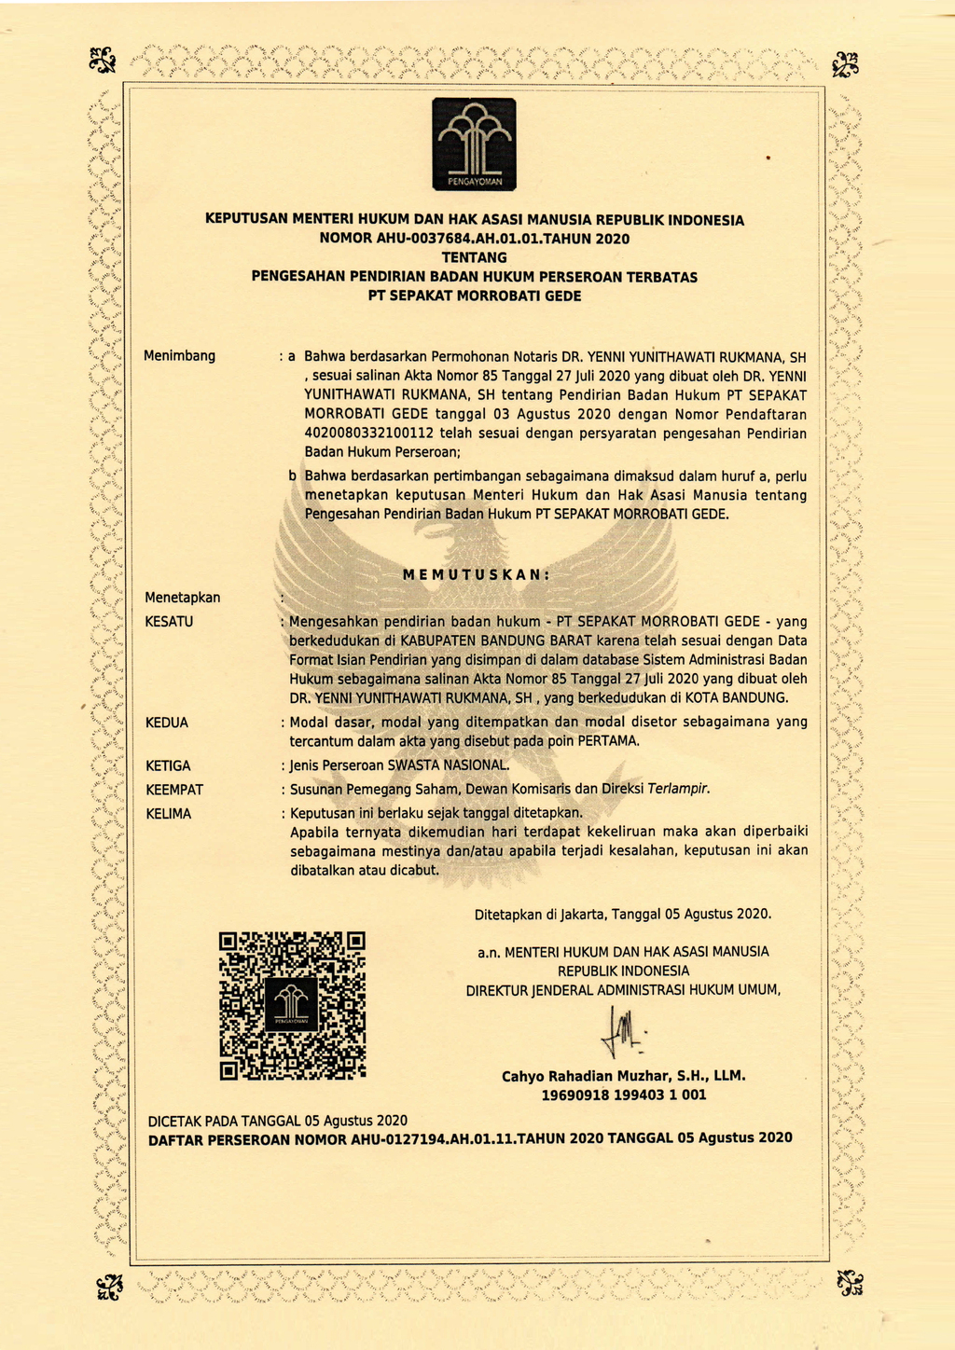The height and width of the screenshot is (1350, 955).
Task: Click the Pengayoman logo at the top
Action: [474, 144]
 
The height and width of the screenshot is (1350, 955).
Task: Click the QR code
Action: [292, 1005]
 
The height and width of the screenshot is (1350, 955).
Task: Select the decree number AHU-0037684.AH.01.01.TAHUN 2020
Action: [475, 239]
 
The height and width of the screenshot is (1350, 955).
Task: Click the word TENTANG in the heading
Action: [474, 257]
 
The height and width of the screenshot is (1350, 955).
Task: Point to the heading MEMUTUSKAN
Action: [476, 574]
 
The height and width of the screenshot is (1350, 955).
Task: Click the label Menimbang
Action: [179, 355]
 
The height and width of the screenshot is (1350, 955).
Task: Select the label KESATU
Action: [169, 621]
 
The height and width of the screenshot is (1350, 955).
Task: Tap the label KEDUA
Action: [167, 723]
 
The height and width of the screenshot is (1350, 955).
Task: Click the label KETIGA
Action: [168, 765]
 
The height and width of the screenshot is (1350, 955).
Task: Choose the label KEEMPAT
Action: [174, 790]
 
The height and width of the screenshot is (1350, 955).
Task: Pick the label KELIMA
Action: [168, 814]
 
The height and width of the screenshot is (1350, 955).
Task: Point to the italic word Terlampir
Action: [679, 789]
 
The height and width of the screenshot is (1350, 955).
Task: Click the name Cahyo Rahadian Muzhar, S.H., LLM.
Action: [623, 1076]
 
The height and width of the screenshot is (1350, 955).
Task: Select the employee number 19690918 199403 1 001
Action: [623, 1095]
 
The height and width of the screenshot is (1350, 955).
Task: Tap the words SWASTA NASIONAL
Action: [448, 765]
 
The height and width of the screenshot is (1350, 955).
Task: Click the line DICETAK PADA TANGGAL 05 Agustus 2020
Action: [278, 1120]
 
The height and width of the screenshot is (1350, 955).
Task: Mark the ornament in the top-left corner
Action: [102, 62]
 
